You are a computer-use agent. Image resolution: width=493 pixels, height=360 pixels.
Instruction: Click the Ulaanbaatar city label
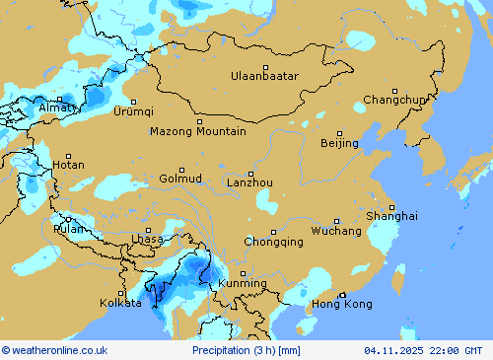(x=264, y=76)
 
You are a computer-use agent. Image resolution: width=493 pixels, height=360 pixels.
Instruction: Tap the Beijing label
(x=339, y=144)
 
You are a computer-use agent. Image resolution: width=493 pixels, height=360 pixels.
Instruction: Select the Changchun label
(x=394, y=100)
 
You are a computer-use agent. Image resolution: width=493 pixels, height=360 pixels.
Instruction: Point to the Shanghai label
(x=391, y=216)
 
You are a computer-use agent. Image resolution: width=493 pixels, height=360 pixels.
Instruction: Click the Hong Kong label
(x=342, y=305)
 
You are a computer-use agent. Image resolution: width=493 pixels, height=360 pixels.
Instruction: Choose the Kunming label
(x=242, y=284)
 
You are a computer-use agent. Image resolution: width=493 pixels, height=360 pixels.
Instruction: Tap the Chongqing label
(x=273, y=242)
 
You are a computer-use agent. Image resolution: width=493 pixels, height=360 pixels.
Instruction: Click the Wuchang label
(x=336, y=231)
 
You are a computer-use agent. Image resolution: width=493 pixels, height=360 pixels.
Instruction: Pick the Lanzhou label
(x=249, y=182)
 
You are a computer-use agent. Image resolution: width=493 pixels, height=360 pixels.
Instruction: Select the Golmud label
(x=180, y=179)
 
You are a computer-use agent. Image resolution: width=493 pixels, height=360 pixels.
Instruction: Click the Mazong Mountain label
(x=198, y=131)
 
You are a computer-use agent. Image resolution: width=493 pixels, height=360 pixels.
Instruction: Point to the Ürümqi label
(x=133, y=111)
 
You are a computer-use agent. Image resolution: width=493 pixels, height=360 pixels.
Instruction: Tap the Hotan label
(x=68, y=165)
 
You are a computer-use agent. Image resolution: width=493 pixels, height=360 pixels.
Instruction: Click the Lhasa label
(x=147, y=240)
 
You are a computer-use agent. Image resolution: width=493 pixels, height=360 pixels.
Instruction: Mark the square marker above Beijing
(x=339, y=133)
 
